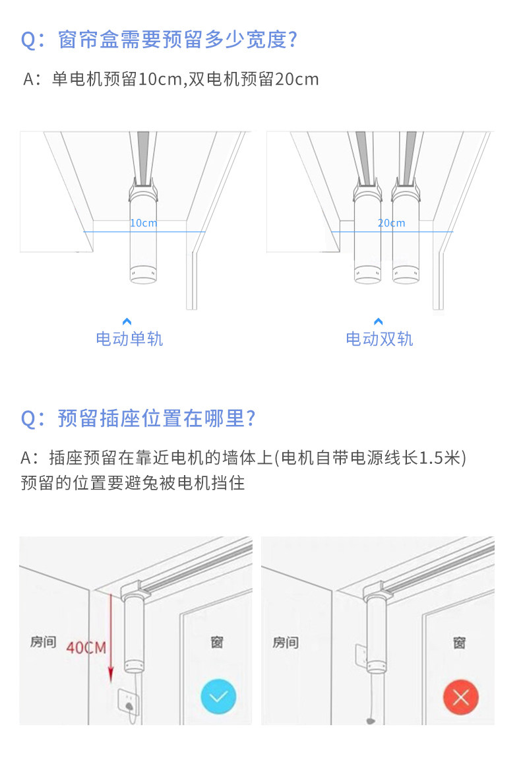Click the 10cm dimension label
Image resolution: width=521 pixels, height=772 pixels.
143,223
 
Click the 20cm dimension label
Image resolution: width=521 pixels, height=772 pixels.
392,223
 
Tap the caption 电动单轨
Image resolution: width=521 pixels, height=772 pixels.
129,338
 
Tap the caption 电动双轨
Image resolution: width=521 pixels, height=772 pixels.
379,338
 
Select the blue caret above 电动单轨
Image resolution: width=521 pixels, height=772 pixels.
127,321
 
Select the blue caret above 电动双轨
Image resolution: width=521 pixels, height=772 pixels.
379,321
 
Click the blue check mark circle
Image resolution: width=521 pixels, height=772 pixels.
218,697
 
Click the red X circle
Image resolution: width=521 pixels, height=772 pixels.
461,697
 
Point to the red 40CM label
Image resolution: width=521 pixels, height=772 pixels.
86,647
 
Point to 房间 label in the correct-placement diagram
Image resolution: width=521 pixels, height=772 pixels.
44,641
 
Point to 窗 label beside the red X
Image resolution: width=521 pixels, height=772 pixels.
459,643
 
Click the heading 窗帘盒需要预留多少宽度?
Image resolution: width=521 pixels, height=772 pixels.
159,40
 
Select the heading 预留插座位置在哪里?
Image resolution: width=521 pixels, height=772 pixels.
138,418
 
